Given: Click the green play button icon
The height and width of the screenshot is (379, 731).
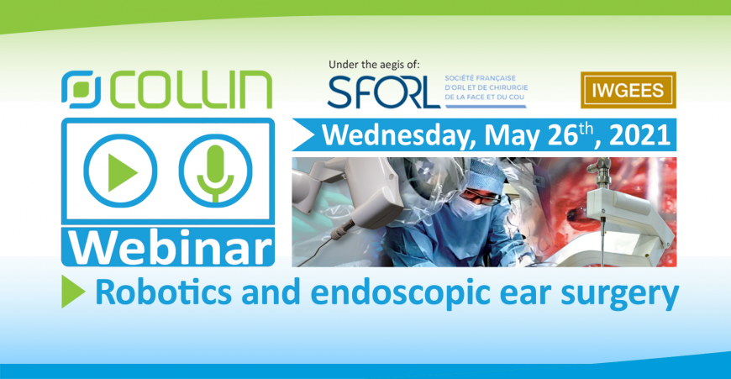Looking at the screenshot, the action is (120, 171).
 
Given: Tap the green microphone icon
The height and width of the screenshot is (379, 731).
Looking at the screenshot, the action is (215, 171).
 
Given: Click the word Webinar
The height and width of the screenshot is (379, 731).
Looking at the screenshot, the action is (170, 248).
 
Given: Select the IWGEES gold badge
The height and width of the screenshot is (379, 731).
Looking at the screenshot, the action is (628, 90).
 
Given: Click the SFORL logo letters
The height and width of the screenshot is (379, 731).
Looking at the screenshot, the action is (384, 91).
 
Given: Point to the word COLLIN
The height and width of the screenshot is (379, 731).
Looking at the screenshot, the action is (191, 90).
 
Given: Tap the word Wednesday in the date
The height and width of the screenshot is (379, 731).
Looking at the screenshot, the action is (399, 135).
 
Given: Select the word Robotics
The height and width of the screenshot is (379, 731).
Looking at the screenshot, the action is (163, 292).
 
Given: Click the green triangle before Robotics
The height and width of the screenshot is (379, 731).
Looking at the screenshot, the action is (72, 292).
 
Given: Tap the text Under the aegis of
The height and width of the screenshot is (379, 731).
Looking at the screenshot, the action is (374, 65).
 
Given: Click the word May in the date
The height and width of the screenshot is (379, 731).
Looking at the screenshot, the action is (513, 136).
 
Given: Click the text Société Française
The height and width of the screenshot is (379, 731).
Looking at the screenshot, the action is (480, 78).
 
